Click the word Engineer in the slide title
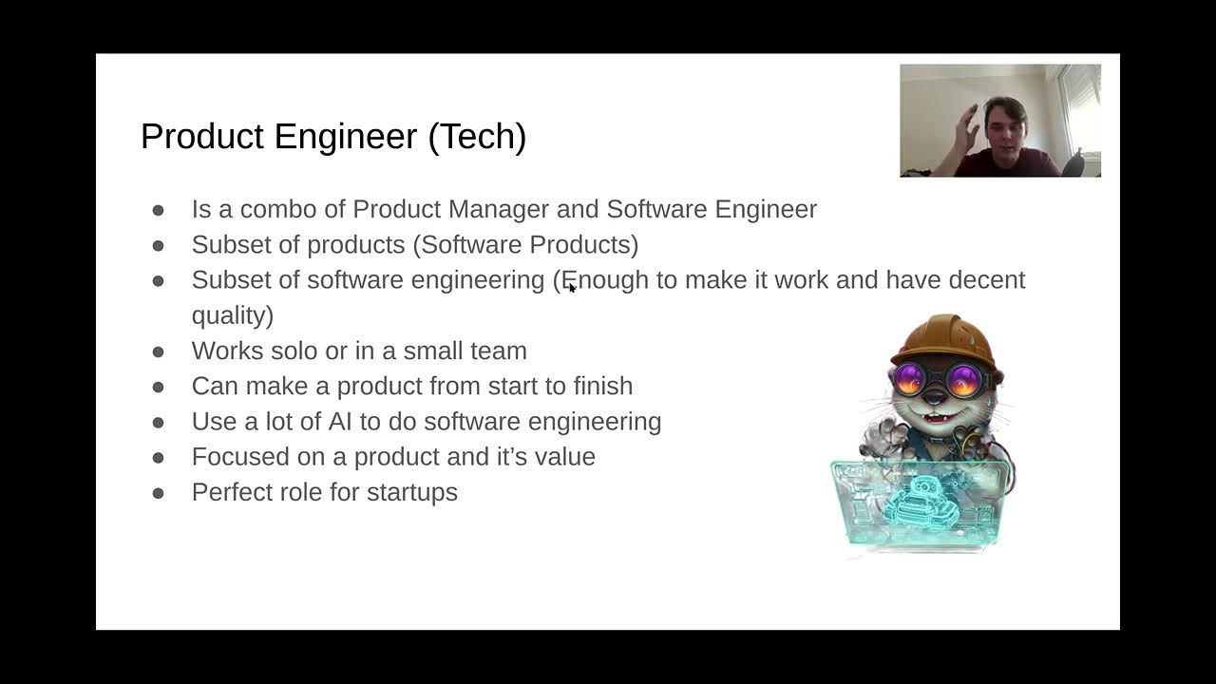point(346,137)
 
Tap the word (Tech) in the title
point(477,137)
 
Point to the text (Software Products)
point(525,245)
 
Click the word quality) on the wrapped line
point(232,315)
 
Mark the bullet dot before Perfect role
point(158,493)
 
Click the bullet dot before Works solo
point(158,351)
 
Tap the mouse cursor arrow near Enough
point(572,287)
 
